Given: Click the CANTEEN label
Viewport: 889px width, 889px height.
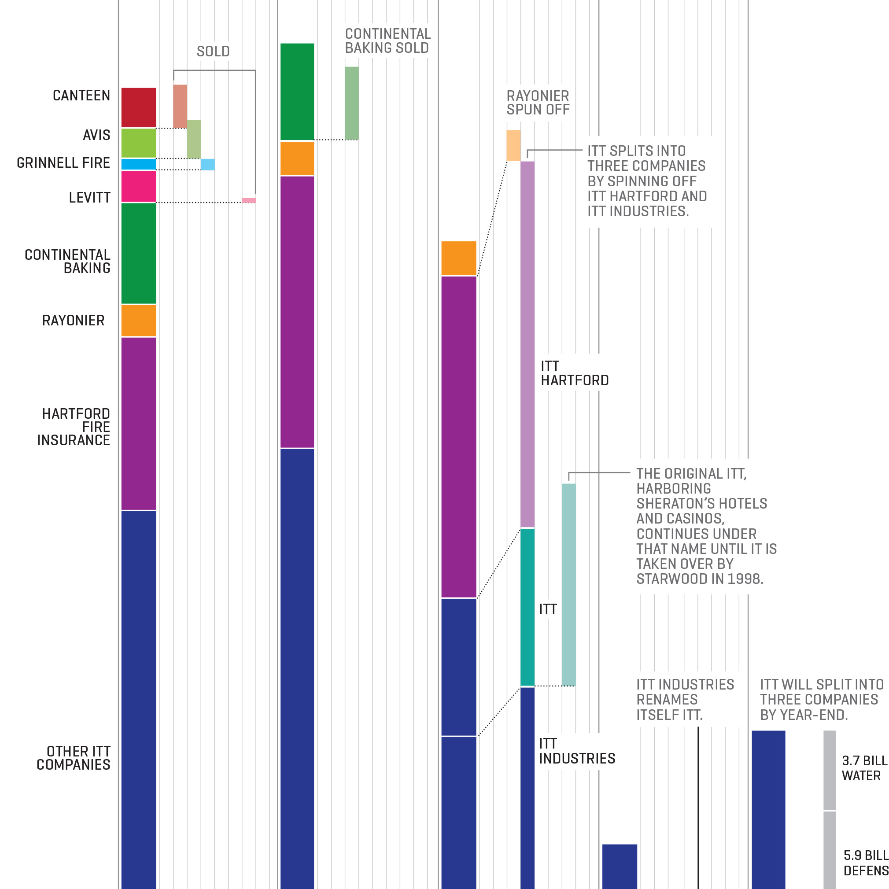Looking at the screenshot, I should point(81,96).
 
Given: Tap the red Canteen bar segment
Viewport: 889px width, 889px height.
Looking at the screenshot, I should point(139,107).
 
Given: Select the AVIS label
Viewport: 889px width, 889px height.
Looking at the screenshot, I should point(96,135).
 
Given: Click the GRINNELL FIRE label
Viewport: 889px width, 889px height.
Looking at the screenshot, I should point(63,163).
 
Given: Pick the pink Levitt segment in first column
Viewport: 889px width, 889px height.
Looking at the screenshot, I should point(139,186).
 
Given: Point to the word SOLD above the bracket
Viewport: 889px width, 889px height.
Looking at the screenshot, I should point(213,52).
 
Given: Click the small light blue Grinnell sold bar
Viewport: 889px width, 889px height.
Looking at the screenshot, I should point(207,164).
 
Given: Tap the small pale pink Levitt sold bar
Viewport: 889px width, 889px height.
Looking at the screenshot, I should point(249,200).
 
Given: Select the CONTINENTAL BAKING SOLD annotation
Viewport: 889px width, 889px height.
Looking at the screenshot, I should point(387,41).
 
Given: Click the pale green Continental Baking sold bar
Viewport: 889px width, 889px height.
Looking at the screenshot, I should point(351,103).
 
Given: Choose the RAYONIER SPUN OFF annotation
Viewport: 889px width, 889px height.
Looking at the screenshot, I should point(538,103).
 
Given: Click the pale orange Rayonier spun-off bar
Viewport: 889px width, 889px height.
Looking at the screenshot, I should point(513,145).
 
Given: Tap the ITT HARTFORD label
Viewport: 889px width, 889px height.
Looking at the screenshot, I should point(574,373).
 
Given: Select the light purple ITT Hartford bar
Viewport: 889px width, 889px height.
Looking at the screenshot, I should point(527,344).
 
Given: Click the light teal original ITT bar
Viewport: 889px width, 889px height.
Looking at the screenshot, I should point(569,584).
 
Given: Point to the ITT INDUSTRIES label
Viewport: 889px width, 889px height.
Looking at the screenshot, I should point(576,751).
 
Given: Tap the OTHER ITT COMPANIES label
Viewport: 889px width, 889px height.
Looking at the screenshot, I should point(74,758).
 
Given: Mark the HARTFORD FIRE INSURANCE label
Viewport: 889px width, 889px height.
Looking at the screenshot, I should point(74,427).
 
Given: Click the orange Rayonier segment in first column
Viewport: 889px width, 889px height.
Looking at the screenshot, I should point(139,320).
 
